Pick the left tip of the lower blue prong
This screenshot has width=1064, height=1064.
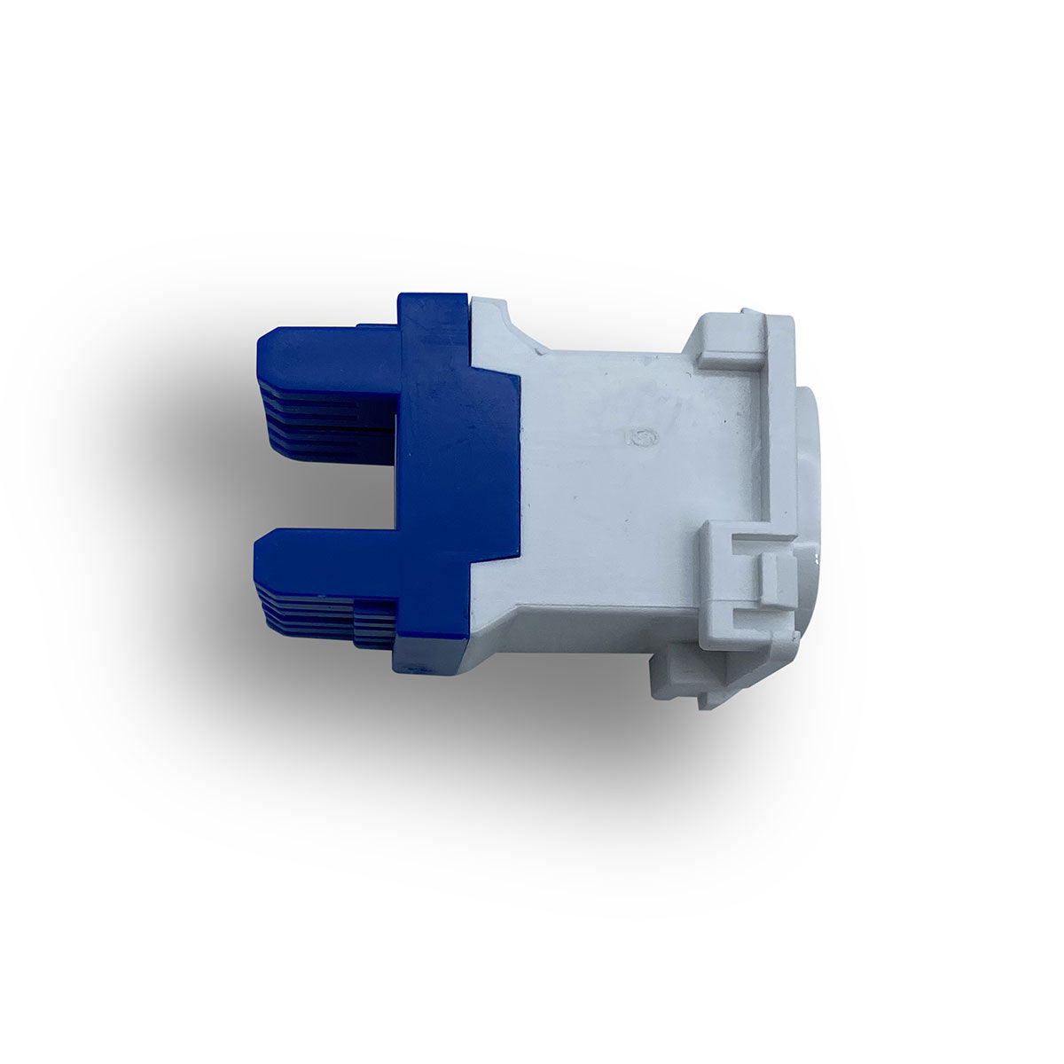point(259,563)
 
